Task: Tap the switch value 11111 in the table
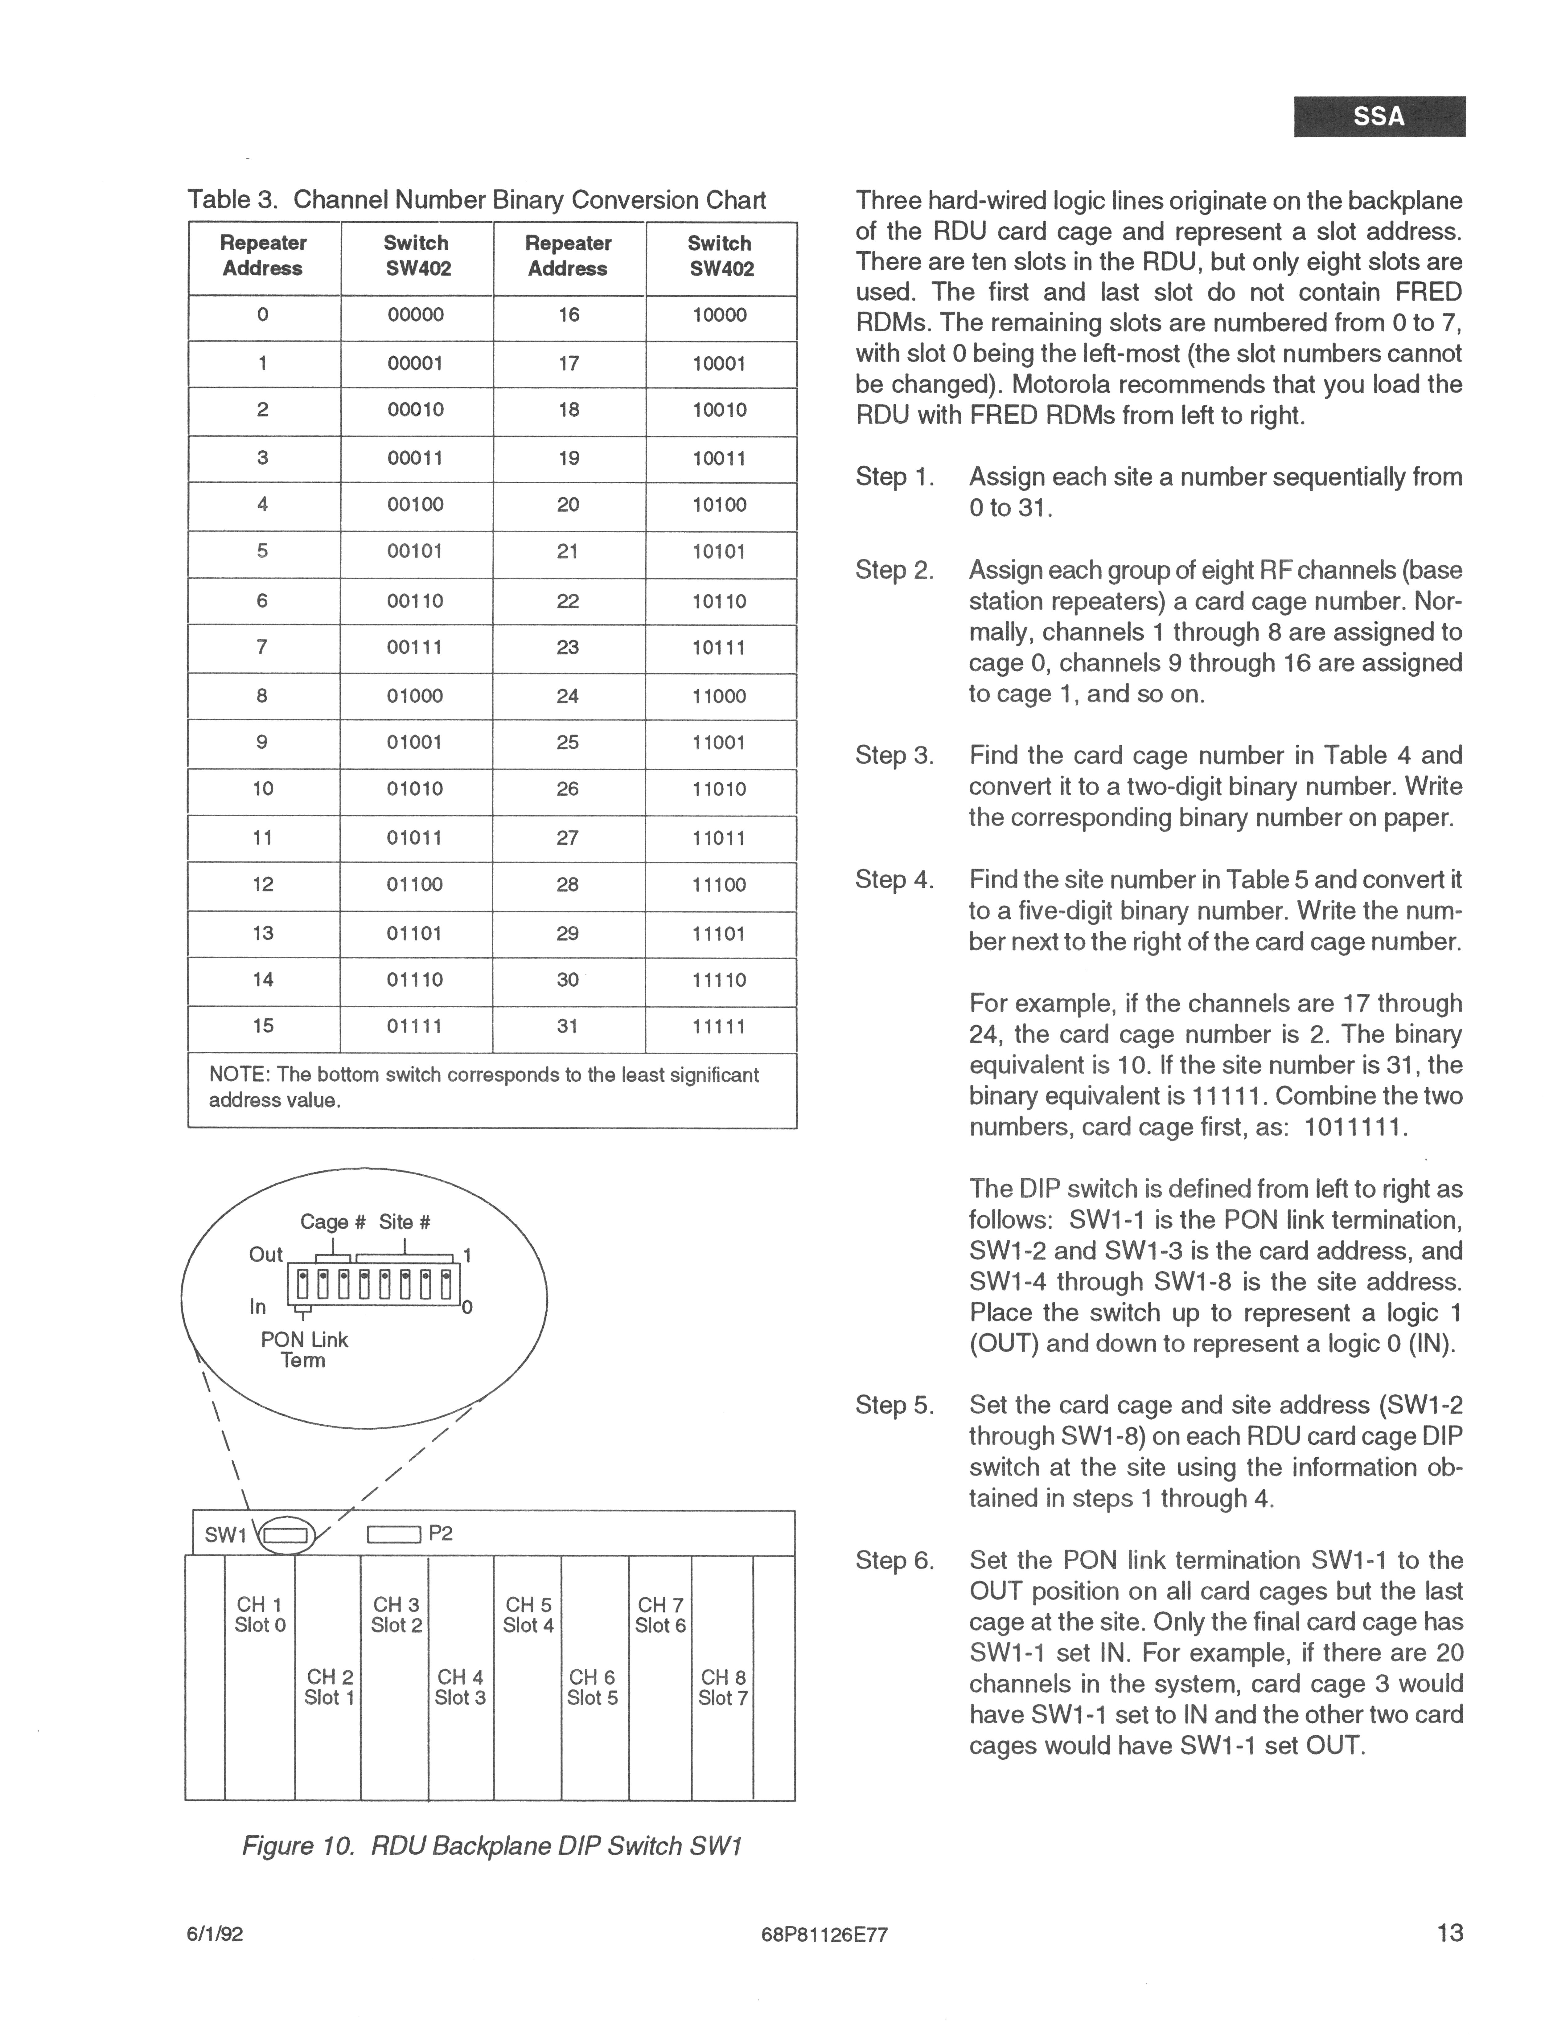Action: pyautogui.click(x=719, y=1026)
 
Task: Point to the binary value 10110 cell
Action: pyautogui.click(x=719, y=601)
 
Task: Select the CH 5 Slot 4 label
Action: pyautogui.click(x=528, y=1615)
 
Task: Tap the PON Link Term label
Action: pyautogui.click(x=304, y=1349)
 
